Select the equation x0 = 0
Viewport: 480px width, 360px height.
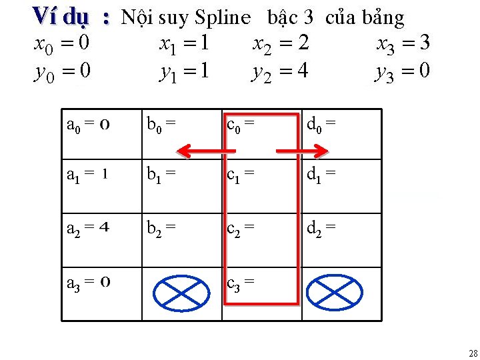click(62, 45)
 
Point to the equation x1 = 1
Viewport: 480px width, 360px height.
click(185, 45)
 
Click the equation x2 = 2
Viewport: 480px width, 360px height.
click(281, 45)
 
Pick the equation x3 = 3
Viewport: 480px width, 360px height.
click(403, 45)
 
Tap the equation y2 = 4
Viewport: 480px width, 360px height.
click(279, 71)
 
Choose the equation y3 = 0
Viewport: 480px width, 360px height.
click(403, 71)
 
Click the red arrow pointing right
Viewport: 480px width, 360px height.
click(303, 151)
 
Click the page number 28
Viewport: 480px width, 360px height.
click(473, 353)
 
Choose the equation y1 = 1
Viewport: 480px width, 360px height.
click(185, 71)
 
